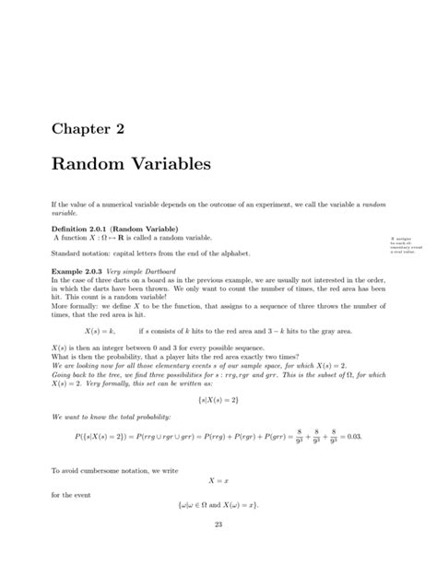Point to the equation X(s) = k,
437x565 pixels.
(x=99, y=328)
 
